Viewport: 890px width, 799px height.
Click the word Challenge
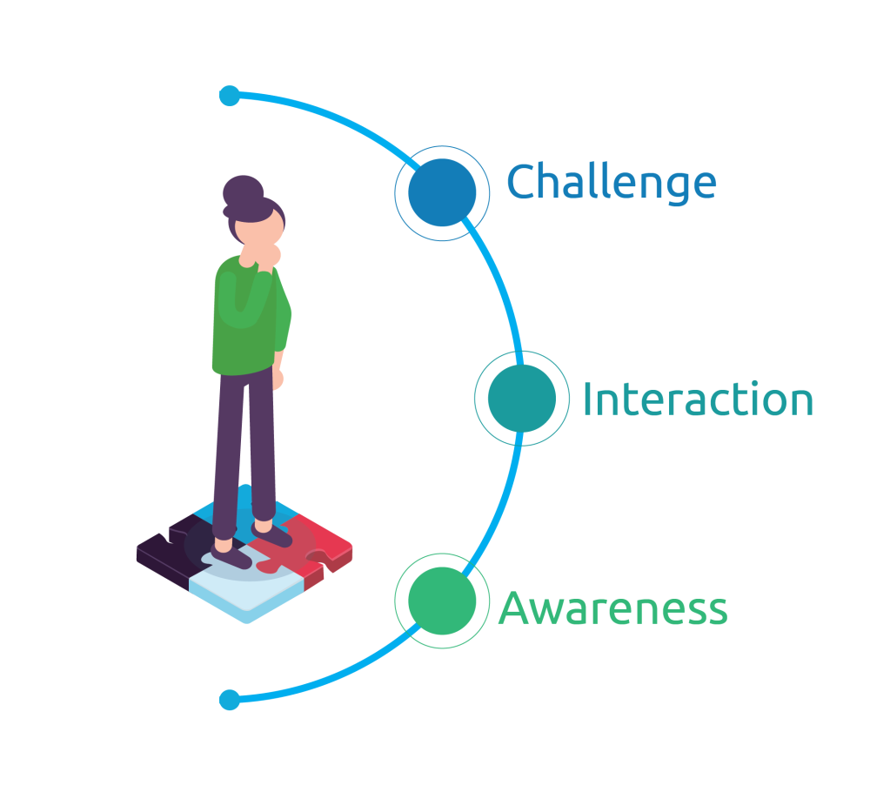point(612,183)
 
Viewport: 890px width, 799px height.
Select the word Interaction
point(697,399)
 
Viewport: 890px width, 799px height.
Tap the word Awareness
point(612,608)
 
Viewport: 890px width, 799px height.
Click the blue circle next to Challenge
point(442,192)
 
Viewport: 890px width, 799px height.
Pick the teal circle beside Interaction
point(521,398)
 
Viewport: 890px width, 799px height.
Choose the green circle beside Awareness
point(442,601)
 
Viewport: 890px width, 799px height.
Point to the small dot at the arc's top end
point(230,95)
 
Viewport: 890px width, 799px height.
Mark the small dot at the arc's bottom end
point(230,699)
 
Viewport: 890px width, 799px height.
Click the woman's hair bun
point(242,191)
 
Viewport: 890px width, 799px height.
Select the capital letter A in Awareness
point(515,608)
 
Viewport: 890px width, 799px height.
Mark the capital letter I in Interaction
point(588,399)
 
